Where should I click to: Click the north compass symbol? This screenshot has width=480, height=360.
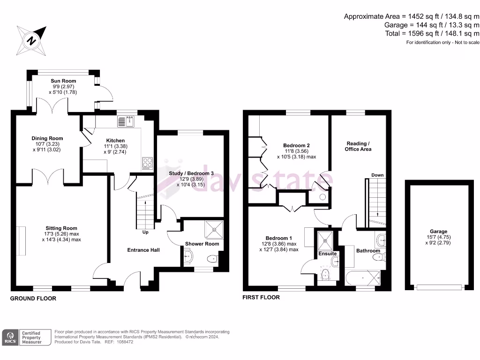(31, 40)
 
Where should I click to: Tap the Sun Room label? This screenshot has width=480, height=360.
(63, 81)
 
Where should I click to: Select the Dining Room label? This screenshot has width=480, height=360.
(47, 138)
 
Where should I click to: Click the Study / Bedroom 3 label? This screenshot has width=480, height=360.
(191, 173)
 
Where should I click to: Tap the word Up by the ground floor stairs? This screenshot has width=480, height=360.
(146, 232)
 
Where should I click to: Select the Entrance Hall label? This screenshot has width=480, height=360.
(143, 250)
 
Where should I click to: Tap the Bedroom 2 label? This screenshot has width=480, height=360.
(296, 145)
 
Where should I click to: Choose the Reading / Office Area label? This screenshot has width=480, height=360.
(358, 146)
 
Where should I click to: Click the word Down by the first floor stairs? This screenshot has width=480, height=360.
(377, 175)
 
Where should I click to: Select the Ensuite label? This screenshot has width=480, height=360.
(327, 254)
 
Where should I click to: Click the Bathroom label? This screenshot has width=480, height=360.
(368, 251)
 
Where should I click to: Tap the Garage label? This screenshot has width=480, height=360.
(439, 231)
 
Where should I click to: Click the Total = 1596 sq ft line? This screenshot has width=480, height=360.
(431, 33)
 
